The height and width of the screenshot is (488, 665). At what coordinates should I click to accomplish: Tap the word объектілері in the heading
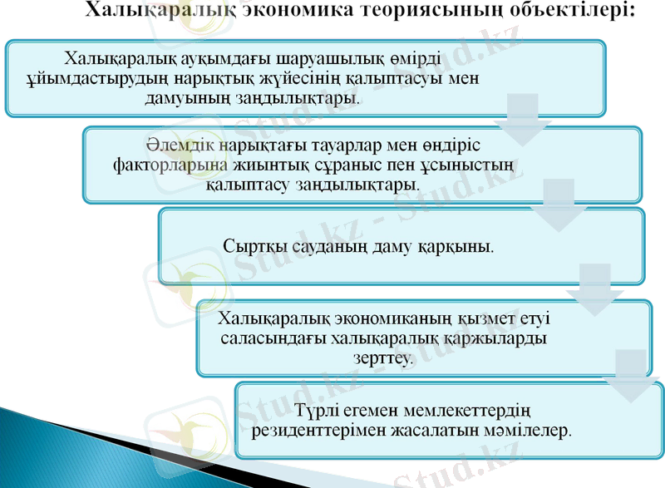click(575, 12)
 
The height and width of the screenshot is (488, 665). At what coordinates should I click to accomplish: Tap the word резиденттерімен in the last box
click(313, 431)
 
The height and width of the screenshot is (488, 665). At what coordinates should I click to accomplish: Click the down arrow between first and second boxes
click(523, 116)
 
